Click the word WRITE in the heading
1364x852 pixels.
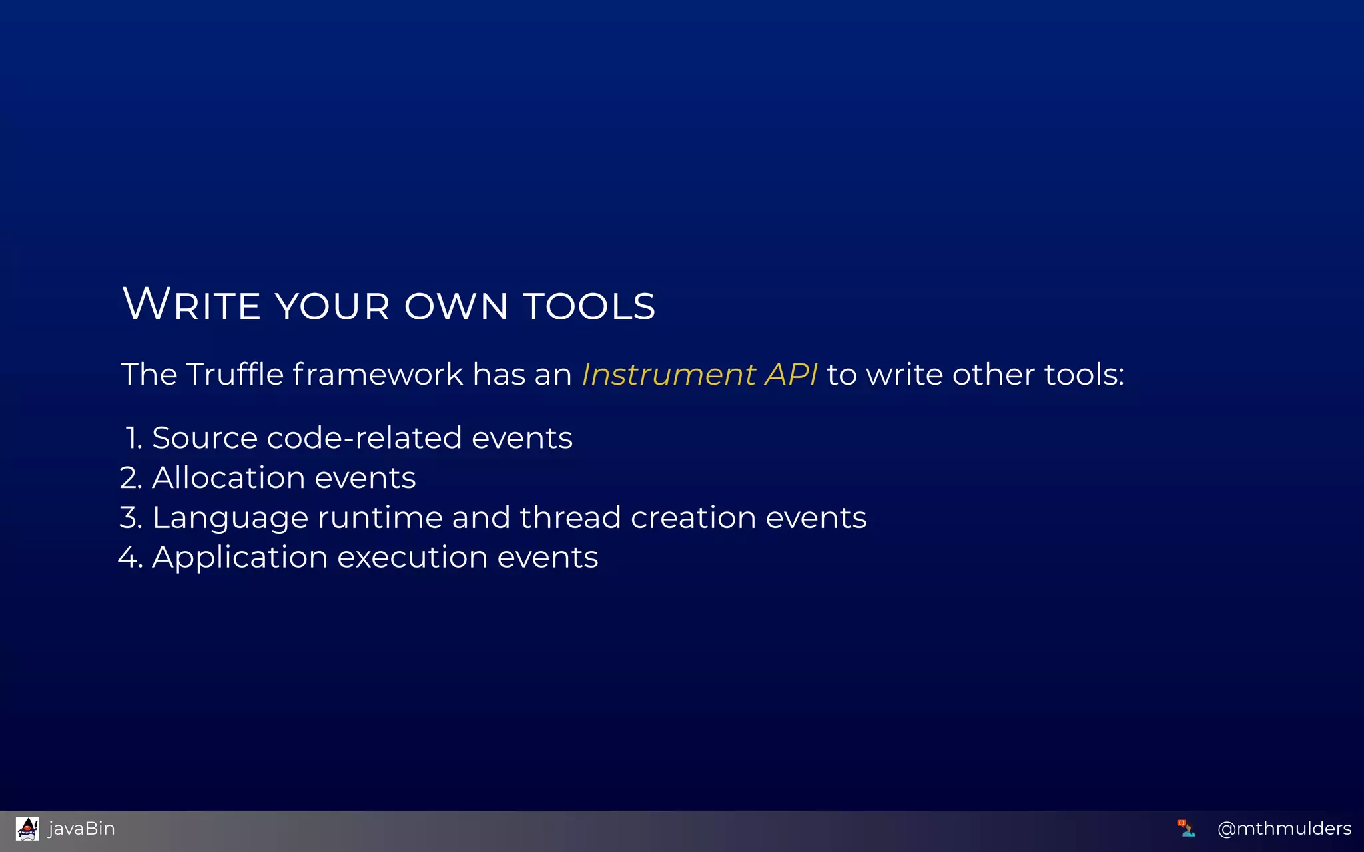(192, 305)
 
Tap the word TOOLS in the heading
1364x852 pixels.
(589, 306)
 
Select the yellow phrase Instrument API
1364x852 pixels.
(699, 374)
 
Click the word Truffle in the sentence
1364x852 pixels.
(234, 374)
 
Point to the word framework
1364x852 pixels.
(378, 374)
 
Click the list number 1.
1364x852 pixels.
(133, 438)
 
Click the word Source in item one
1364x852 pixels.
(204, 438)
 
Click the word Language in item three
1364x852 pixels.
(230, 519)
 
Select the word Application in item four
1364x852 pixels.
(240, 558)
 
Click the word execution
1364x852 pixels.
(412, 558)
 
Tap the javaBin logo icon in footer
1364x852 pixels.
(27, 829)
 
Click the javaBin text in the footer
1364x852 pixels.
(81, 829)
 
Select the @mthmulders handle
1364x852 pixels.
(1283, 829)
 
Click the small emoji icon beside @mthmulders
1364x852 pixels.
(1186, 828)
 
